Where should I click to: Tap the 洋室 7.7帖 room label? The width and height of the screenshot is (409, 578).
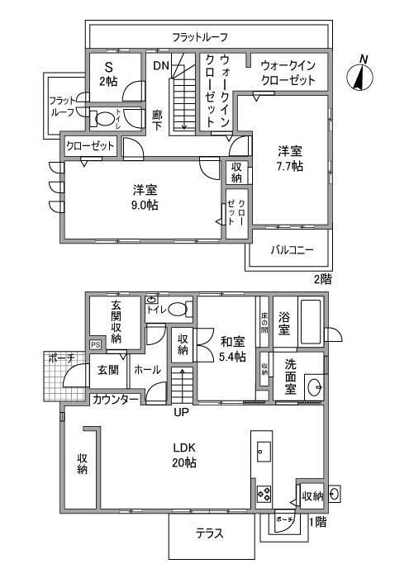289,158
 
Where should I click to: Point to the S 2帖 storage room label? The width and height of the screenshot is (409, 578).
109,74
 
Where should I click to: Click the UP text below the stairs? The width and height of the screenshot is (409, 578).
180,411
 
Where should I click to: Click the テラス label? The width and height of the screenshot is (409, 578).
210,533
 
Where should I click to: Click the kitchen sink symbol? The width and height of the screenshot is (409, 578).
263,451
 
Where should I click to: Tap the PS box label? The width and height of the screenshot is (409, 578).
95,344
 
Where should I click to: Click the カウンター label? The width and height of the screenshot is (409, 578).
115,399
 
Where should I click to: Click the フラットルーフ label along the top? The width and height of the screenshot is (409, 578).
199,37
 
